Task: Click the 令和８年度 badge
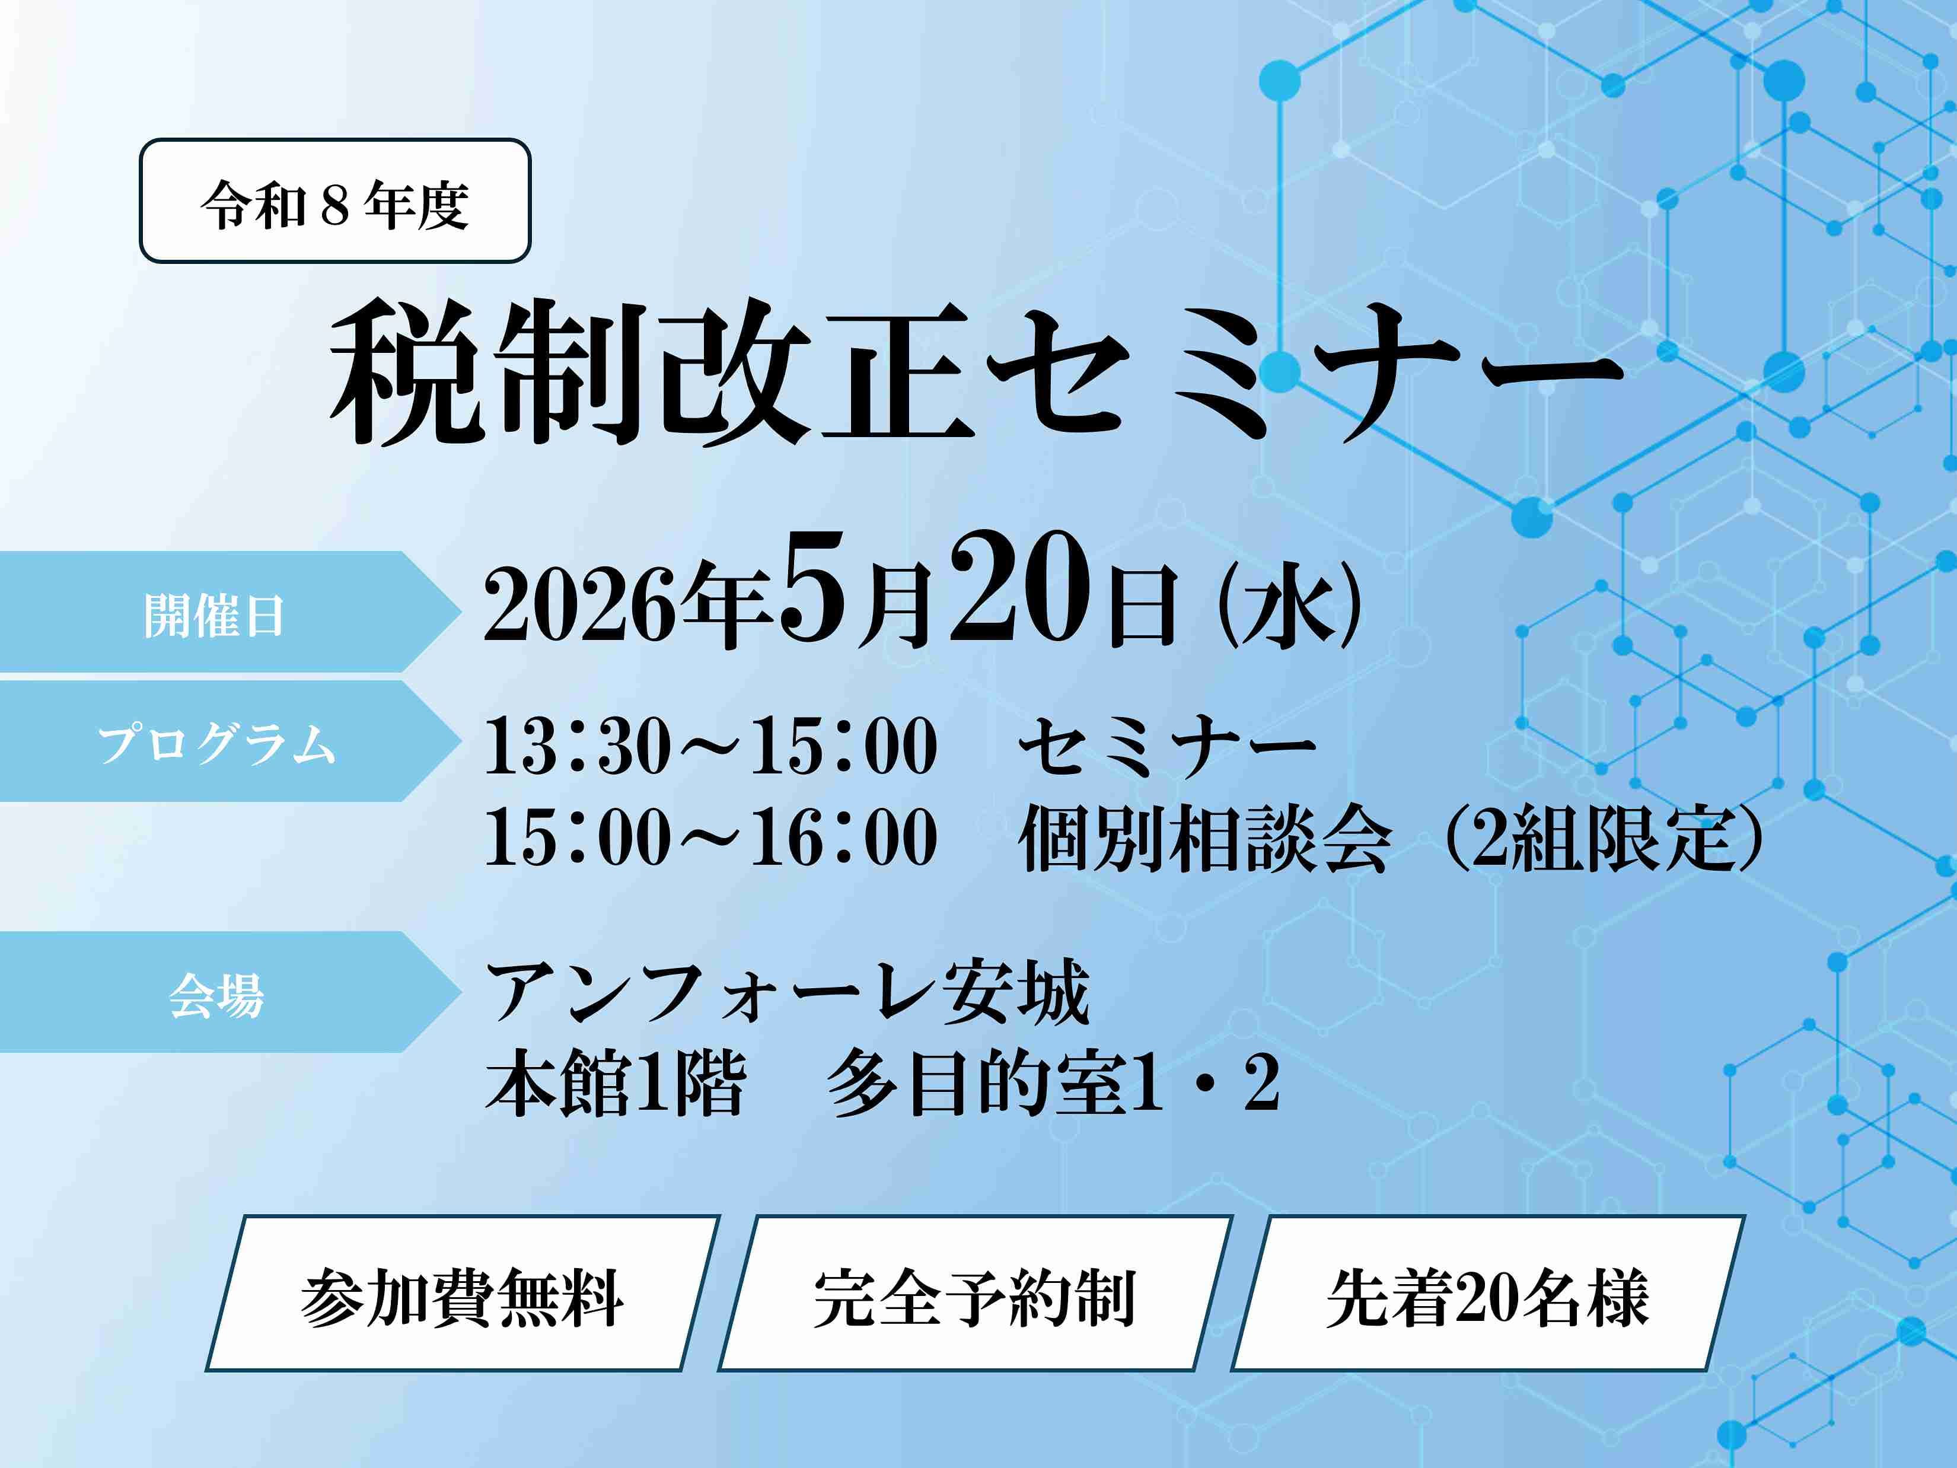335,201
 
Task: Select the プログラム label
217,743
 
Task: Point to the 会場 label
217,995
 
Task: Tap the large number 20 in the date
1018,588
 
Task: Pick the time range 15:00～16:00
711,837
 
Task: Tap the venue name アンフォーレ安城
788,992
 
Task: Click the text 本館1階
616,1082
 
